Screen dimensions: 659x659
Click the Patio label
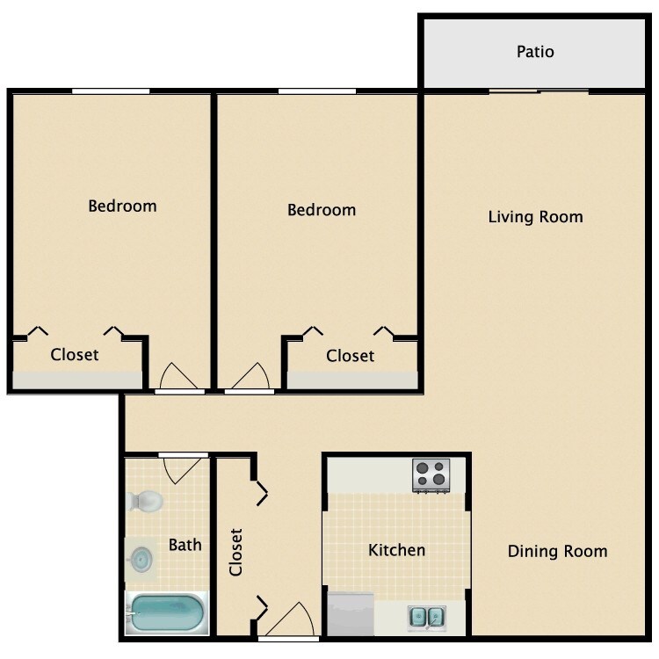(535, 52)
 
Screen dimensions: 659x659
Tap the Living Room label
(535, 217)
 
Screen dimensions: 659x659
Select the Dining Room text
(557, 551)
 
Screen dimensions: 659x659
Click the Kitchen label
(397, 550)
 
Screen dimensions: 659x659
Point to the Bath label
(185, 545)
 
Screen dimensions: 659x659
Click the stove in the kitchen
(431, 475)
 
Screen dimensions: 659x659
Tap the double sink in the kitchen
(426, 617)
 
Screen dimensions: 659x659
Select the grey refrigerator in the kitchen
(351, 614)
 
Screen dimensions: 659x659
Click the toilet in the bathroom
(145, 501)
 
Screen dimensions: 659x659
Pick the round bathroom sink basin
(141, 560)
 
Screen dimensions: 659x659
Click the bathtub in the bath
(167, 612)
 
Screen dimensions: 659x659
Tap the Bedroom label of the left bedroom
(122, 206)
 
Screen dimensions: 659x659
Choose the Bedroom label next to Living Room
(322, 210)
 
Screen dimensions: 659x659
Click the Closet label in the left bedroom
(75, 355)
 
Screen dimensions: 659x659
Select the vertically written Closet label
(235, 552)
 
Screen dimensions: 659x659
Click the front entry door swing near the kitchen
(290, 619)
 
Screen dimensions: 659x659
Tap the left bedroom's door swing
(178, 376)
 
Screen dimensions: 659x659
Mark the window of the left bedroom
(111, 91)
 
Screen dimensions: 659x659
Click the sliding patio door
(539, 91)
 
